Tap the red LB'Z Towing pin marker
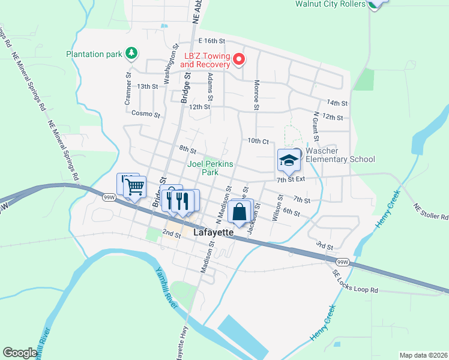click(x=238, y=59)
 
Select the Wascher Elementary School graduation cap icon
click(x=289, y=161)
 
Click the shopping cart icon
click(x=135, y=187)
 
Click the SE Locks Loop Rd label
click(x=356, y=281)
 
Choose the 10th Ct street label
click(x=258, y=141)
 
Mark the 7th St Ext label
click(x=291, y=179)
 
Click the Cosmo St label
click(x=146, y=114)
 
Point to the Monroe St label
click(x=256, y=95)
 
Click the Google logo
click(x=20, y=353)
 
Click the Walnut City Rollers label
click(x=330, y=4)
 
